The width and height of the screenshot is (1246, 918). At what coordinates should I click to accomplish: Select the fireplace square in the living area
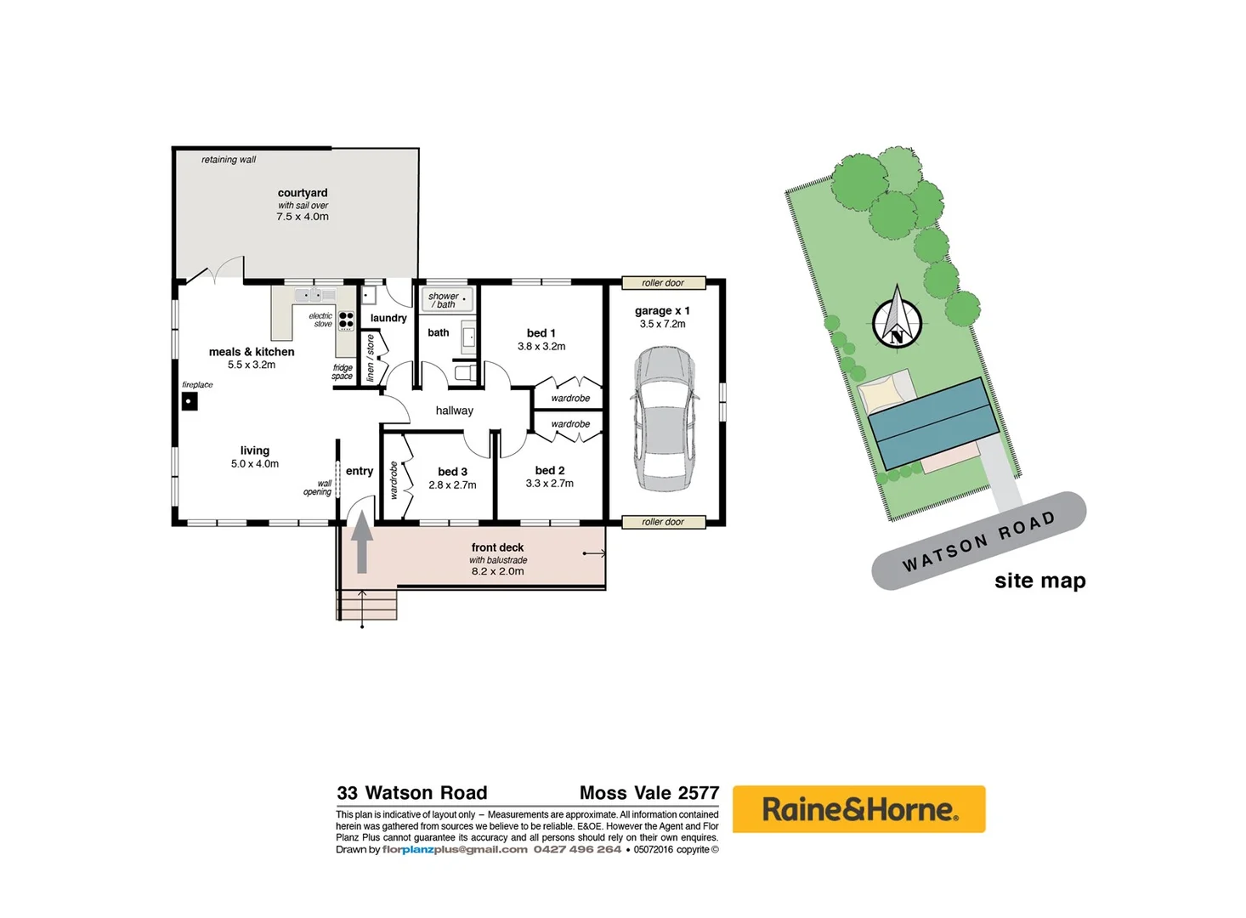point(190,401)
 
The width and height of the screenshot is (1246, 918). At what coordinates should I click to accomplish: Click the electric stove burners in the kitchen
point(346,320)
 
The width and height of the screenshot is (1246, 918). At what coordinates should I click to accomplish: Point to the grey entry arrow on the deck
point(362,541)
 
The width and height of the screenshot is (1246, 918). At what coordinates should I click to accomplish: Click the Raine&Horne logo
point(858,809)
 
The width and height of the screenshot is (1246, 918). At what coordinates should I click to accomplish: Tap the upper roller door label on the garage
point(663,283)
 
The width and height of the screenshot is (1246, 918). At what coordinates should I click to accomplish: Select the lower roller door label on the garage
point(663,522)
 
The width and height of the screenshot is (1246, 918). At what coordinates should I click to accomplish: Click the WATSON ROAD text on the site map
point(978,541)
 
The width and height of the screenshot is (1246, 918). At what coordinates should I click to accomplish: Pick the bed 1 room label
point(541,333)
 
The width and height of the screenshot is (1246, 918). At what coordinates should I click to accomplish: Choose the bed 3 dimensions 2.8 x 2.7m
point(452,485)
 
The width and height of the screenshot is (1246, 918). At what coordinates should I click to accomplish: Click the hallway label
point(454,411)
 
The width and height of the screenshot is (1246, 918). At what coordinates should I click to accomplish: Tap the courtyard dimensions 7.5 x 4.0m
point(302,217)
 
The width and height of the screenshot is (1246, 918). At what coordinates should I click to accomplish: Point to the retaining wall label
point(228,160)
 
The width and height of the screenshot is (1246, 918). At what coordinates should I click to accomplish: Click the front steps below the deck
point(367,603)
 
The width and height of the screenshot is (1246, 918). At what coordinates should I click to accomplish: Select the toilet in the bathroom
point(466,372)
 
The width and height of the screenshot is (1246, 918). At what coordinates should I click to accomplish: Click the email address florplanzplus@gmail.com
point(455,849)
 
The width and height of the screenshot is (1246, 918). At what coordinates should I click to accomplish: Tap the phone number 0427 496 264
point(577,849)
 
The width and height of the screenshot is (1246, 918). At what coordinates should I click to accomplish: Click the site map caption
point(1039,581)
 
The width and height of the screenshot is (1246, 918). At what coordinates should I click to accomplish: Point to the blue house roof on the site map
point(933,423)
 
